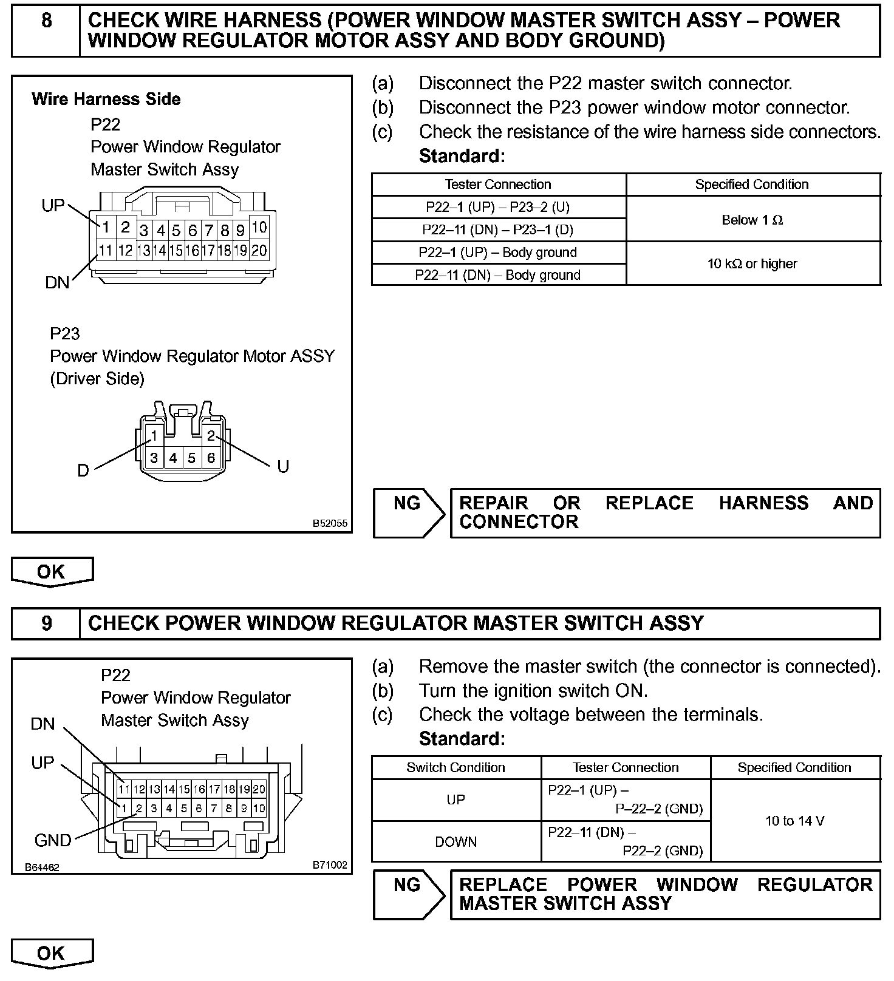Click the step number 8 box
tap(46, 21)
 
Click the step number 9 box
tap(46, 623)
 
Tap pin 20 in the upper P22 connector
tap(259, 250)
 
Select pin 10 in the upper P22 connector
tap(259, 227)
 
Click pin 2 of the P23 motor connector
tap(211, 435)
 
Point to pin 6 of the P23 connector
tap(211, 458)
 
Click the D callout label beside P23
tap(83, 470)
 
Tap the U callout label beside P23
tap(282, 467)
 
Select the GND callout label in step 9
tap(53, 840)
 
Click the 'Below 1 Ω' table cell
tap(752, 220)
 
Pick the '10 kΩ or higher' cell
tap(752, 263)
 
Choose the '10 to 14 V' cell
tap(795, 821)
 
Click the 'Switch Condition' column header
tap(456, 767)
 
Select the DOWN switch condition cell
tap(456, 842)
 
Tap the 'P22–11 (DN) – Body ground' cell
tap(498, 275)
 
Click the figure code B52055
tap(330, 523)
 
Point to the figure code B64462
tap(42, 867)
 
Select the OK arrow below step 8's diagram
tap(52, 572)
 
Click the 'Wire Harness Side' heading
tap(106, 99)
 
